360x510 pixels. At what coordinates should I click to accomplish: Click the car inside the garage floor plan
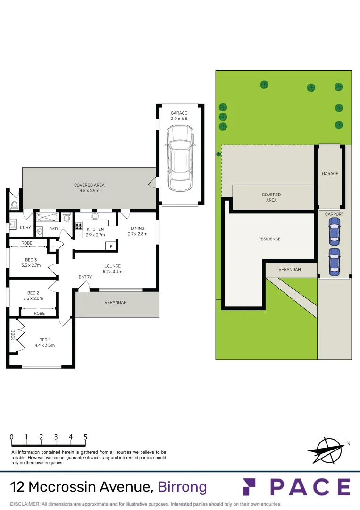click(x=180, y=160)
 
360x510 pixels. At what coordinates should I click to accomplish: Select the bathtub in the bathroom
click(x=48, y=218)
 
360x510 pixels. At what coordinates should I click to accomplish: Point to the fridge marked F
click(x=111, y=246)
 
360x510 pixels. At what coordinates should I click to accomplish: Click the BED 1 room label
click(x=45, y=342)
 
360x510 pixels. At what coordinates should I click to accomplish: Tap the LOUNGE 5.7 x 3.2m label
click(x=113, y=269)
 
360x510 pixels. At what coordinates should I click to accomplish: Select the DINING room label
click(x=138, y=231)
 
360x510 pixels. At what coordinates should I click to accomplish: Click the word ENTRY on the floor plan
click(x=85, y=277)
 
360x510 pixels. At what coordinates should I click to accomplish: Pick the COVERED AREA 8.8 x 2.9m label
click(x=89, y=187)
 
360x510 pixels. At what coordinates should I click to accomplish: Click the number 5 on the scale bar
click(x=85, y=437)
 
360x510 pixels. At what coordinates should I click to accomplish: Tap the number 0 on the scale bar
click(x=11, y=437)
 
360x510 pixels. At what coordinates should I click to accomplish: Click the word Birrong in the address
click(x=182, y=487)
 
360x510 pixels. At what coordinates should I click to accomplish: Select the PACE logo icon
click(x=249, y=487)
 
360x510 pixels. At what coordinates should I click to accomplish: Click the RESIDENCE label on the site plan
click(x=269, y=239)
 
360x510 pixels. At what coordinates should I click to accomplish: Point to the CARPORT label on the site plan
click(x=334, y=214)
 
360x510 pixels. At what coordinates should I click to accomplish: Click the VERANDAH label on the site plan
click(x=290, y=269)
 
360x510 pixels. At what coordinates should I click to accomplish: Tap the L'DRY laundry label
click(x=25, y=227)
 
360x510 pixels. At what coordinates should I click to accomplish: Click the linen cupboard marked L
click(x=52, y=246)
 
